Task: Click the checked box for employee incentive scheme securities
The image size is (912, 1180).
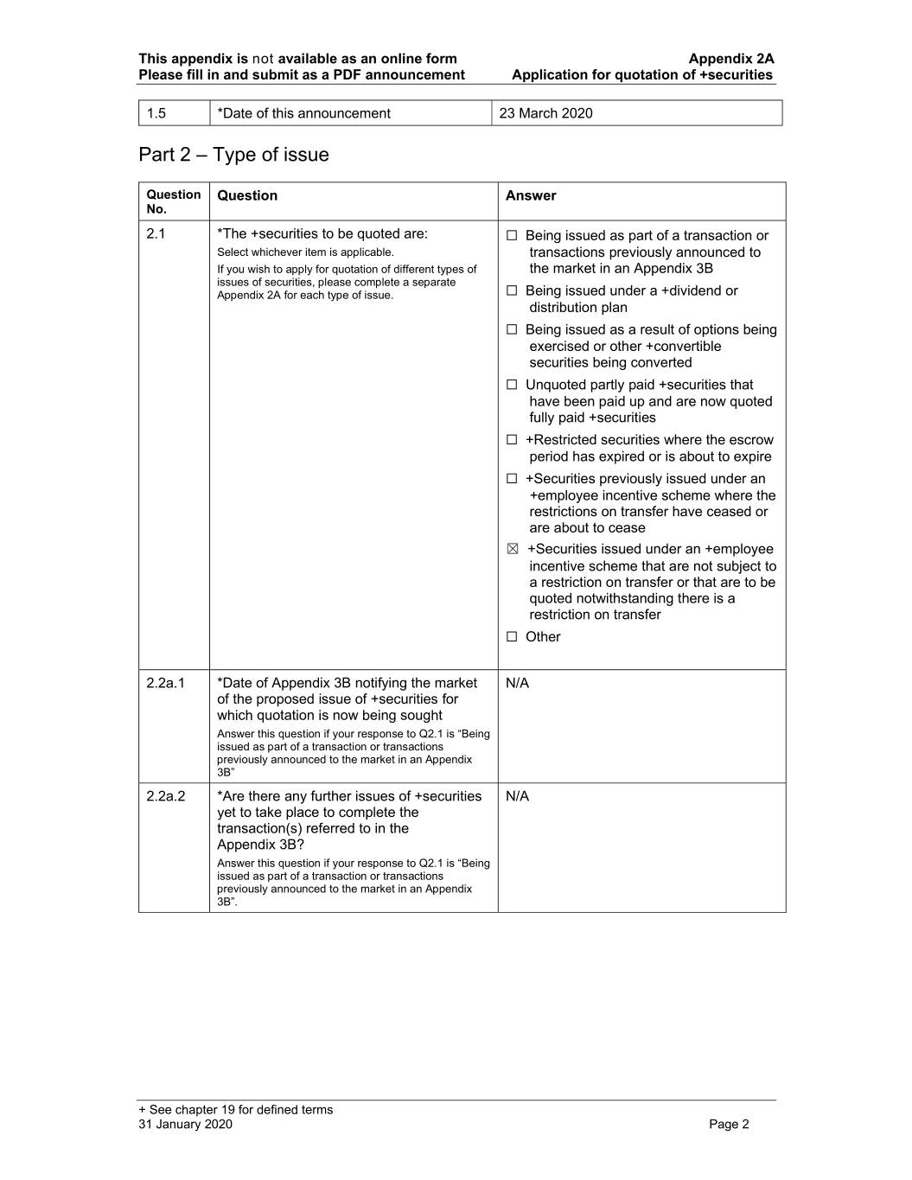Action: click(513, 550)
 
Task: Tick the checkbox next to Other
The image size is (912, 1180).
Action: click(512, 637)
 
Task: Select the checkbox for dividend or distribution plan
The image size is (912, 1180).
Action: click(512, 291)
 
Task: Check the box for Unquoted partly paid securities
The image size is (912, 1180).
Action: click(512, 385)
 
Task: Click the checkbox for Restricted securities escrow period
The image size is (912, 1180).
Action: click(512, 440)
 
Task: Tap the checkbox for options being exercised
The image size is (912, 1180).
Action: click(512, 329)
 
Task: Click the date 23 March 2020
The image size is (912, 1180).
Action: click(545, 113)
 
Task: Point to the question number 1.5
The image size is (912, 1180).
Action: click(156, 113)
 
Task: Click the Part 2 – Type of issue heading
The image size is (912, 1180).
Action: click(233, 155)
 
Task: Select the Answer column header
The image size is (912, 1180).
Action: click(531, 196)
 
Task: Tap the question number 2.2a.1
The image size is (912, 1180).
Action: click(166, 683)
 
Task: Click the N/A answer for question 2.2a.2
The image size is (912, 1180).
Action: click(517, 796)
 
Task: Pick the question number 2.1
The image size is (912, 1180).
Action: click(156, 234)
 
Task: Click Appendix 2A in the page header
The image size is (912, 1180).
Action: click(730, 59)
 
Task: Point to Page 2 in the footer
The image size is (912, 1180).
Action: click(729, 1124)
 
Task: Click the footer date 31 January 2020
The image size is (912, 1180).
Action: click(185, 1124)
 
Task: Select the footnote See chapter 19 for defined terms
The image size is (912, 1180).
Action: click(235, 1110)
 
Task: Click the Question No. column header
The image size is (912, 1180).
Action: click(173, 201)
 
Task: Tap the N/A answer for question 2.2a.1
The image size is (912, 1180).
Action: click(517, 683)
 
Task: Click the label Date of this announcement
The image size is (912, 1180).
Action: click(303, 113)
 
